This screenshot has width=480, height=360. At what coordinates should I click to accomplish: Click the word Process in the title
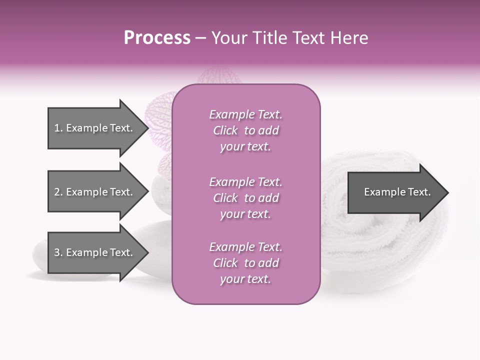pos(157,38)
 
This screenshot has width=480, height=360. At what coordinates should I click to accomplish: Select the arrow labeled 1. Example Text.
pos(93,128)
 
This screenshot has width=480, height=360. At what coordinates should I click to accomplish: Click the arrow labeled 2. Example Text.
pos(93,192)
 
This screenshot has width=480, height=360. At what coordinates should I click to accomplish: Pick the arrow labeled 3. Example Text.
pos(93,252)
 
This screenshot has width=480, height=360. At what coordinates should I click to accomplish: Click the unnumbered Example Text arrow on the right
pos(397,192)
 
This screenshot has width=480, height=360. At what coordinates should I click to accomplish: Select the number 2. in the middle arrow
pos(58,192)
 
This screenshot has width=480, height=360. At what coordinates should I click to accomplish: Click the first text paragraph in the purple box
pos(245,130)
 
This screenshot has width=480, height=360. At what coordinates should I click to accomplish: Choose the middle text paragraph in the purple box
pos(245,198)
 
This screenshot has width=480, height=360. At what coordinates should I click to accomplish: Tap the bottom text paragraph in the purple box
pos(245,263)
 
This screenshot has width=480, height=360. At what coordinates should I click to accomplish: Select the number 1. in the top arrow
pos(58,128)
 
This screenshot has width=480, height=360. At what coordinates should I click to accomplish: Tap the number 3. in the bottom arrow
pos(58,252)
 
